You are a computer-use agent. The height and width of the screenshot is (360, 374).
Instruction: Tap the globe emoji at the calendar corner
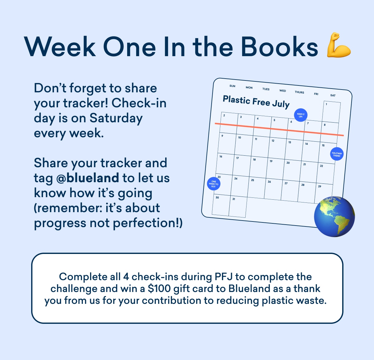334,216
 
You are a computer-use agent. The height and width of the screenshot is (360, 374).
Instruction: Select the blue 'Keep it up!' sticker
300,115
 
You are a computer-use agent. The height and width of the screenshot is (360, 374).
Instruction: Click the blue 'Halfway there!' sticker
337,154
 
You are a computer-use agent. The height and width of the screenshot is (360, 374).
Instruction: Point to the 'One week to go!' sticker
213,184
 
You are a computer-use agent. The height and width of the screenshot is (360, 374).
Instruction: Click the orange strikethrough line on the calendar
279,129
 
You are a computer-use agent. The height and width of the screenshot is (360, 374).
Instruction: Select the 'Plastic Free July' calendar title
256,102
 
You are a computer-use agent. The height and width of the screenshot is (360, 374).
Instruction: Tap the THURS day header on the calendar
300,92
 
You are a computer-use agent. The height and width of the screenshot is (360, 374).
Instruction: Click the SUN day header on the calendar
233,86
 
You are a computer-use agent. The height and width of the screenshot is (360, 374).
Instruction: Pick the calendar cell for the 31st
237,207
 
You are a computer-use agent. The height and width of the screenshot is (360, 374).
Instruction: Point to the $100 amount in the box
159,289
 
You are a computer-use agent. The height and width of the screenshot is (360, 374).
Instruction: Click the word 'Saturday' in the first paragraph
116,119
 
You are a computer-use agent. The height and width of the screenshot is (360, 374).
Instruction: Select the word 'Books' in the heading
280,47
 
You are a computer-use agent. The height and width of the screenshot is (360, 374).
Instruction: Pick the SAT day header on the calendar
333,95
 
